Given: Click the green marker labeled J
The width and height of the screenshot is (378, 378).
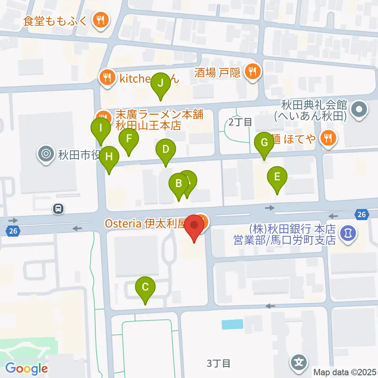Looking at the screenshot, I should point(161,83).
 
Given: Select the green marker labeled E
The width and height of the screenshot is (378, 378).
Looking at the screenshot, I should point(277,177).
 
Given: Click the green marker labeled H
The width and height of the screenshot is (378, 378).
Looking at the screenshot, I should point(109,157).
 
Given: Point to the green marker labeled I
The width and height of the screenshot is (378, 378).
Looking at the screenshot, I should point(101,128).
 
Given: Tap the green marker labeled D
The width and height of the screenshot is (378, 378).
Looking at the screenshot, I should point(166,150).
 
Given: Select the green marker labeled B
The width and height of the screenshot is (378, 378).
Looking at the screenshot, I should point(178,183).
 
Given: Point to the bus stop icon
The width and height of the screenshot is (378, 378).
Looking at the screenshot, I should point(58,208).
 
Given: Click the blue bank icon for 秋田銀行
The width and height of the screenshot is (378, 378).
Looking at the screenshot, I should point(348,233).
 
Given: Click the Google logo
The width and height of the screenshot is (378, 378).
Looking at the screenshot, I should point(26,369).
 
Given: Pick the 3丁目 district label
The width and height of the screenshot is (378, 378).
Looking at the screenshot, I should point(219,363).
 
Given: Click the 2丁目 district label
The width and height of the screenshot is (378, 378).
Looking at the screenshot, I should point(240,122).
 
